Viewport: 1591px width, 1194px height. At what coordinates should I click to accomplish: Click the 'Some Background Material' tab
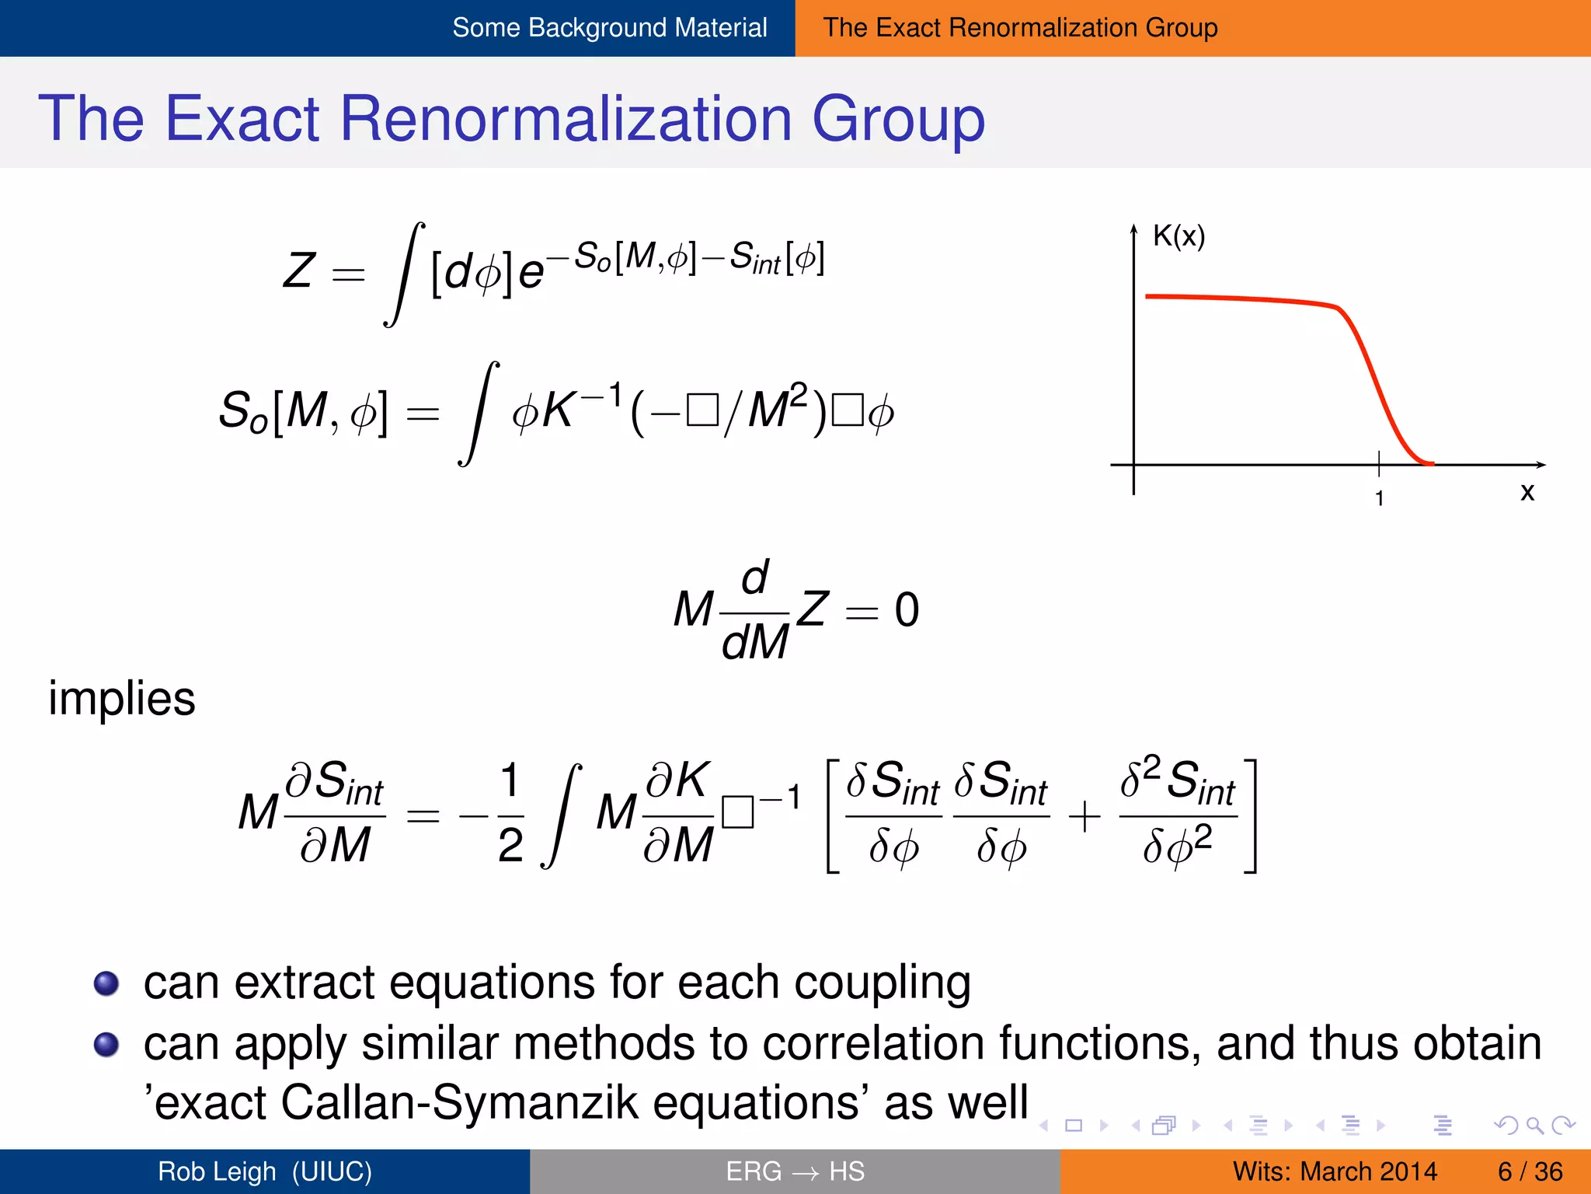click(x=609, y=28)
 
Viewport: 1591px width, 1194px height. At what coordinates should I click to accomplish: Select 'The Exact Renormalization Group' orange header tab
click(x=1020, y=28)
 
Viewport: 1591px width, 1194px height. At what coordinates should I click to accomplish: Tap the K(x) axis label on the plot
click(x=1178, y=236)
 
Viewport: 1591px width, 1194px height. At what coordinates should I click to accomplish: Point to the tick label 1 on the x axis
click(x=1379, y=498)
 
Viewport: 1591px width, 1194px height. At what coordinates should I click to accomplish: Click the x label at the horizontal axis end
click(x=1527, y=492)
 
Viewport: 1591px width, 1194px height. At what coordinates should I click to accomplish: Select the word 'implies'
click(x=122, y=698)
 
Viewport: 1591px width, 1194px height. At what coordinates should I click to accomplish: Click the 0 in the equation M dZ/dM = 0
click(x=907, y=609)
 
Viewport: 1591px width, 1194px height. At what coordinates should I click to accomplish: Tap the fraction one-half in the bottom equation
click(x=510, y=814)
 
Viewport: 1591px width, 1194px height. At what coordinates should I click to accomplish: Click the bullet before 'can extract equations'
click(x=106, y=983)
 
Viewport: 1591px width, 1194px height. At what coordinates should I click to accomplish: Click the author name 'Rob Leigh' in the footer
click(x=217, y=1171)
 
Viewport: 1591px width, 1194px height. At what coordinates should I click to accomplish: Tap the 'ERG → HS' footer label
click(x=795, y=1171)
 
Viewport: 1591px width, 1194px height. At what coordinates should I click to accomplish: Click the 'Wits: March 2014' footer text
click(x=1335, y=1171)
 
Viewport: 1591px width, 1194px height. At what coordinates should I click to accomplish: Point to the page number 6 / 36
click(x=1530, y=1171)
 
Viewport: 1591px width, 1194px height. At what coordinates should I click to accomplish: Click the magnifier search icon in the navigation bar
click(x=1534, y=1125)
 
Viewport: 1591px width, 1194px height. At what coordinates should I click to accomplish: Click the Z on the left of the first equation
click(x=299, y=271)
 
